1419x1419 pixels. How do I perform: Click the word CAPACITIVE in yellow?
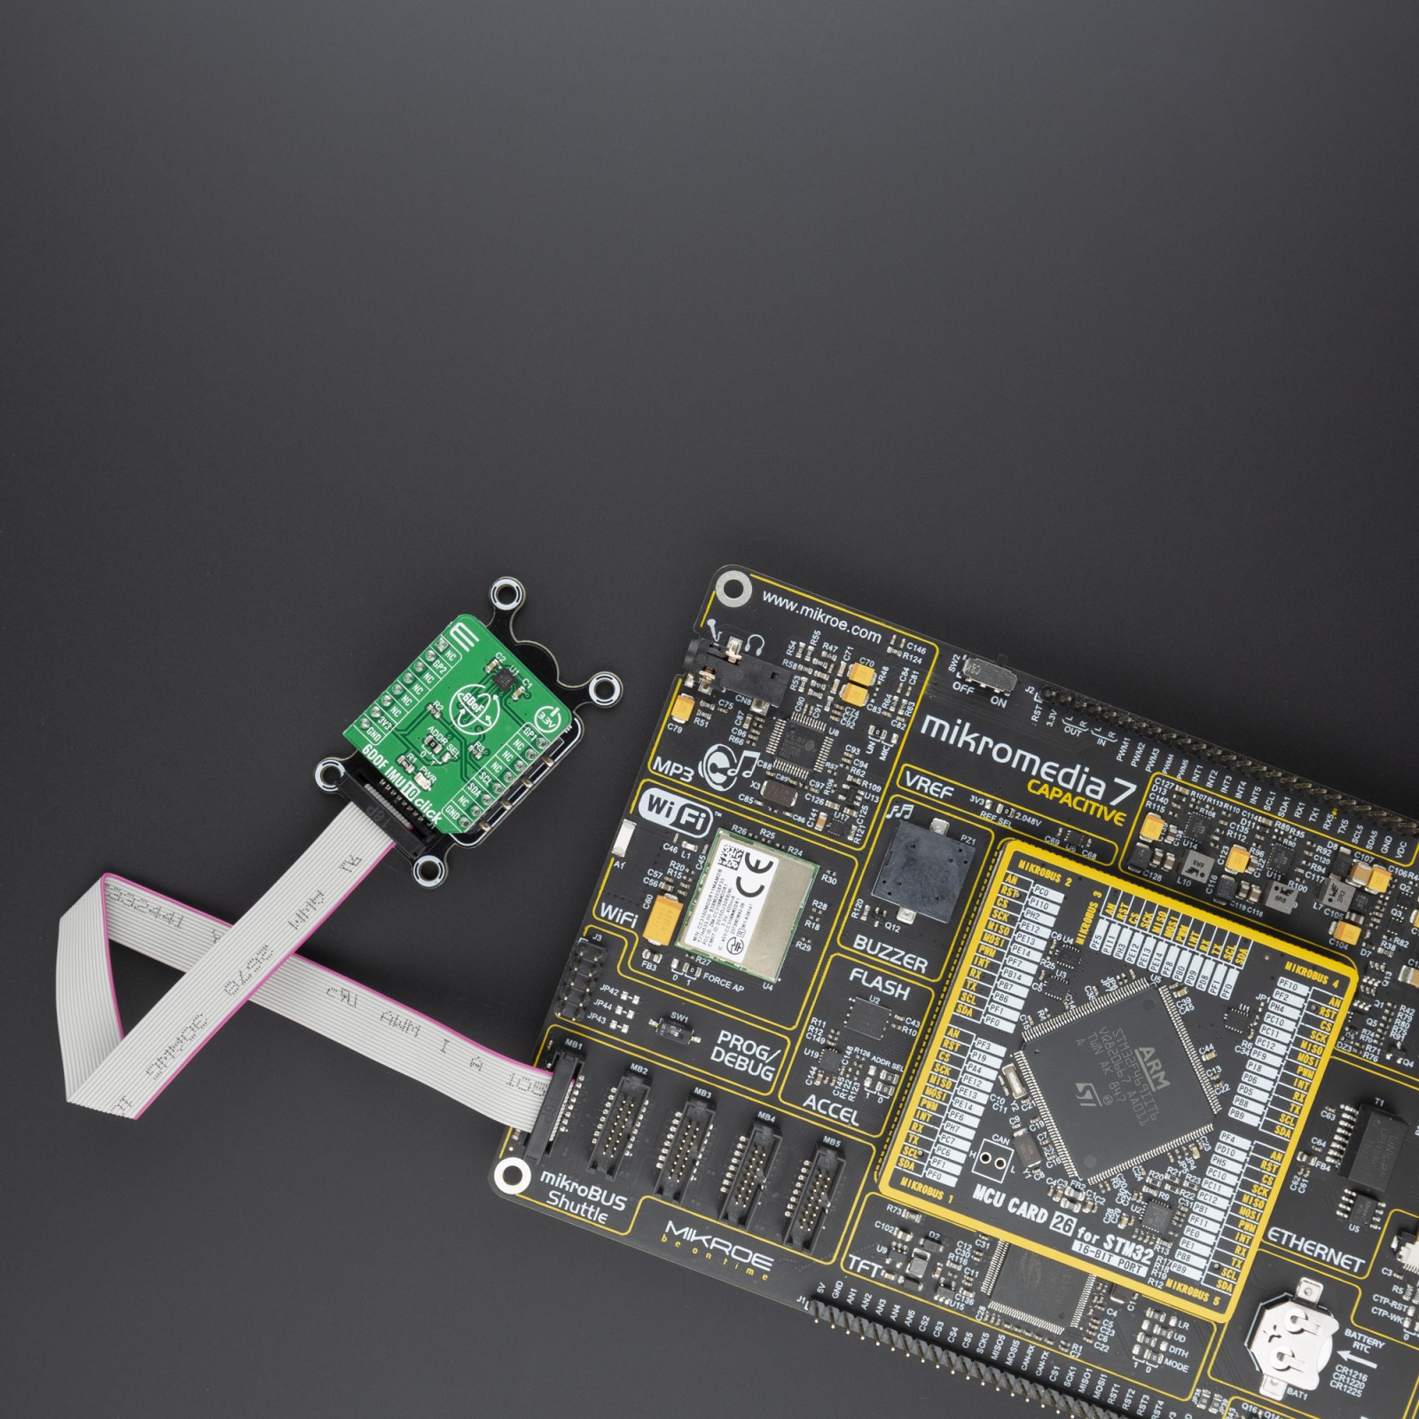(x=1076, y=802)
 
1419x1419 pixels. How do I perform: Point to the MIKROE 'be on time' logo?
(x=718, y=1251)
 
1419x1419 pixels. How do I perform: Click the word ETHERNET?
(x=1315, y=1249)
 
